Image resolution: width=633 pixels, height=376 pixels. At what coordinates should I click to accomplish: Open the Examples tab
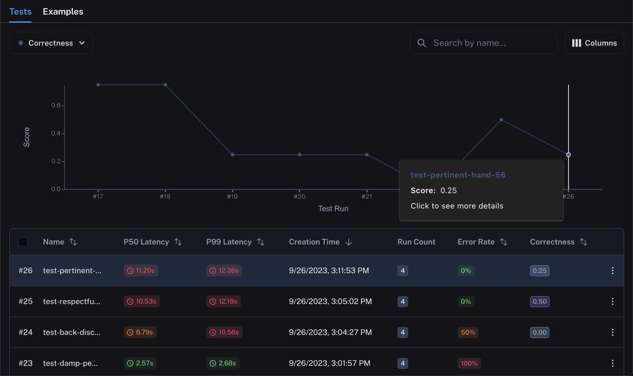(x=63, y=12)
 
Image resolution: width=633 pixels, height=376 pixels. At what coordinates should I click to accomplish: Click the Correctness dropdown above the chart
(x=51, y=43)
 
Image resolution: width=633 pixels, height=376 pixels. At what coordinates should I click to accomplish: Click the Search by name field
(x=484, y=43)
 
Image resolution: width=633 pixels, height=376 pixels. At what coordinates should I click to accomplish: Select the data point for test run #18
(x=165, y=85)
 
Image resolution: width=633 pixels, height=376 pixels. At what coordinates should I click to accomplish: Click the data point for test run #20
(x=299, y=155)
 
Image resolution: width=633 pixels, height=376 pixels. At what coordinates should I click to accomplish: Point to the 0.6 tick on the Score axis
(x=56, y=105)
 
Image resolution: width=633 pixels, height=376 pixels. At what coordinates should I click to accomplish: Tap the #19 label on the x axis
(x=232, y=197)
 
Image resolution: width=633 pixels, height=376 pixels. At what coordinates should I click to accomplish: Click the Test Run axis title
(x=333, y=209)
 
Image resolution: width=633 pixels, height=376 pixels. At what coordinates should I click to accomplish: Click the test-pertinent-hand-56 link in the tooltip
(x=458, y=175)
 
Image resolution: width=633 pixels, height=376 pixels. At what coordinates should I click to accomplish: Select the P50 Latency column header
(x=146, y=242)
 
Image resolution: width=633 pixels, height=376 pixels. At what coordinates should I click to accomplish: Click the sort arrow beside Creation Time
(x=348, y=242)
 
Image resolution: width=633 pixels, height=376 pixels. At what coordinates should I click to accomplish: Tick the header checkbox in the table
(x=23, y=242)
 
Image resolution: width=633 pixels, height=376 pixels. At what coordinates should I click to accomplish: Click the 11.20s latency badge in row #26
(x=141, y=271)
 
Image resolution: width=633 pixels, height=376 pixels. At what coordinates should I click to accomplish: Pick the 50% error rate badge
(x=468, y=332)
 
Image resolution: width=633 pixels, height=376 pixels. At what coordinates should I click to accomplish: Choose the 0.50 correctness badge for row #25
(x=540, y=301)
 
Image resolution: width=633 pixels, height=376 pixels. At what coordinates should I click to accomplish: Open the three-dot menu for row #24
(x=612, y=332)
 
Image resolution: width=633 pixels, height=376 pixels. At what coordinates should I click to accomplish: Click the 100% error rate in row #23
(x=469, y=363)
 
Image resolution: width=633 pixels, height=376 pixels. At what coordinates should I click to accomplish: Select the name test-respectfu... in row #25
(x=71, y=301)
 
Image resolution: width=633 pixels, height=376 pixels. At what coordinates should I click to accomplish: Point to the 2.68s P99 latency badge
(x=223, y=363)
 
